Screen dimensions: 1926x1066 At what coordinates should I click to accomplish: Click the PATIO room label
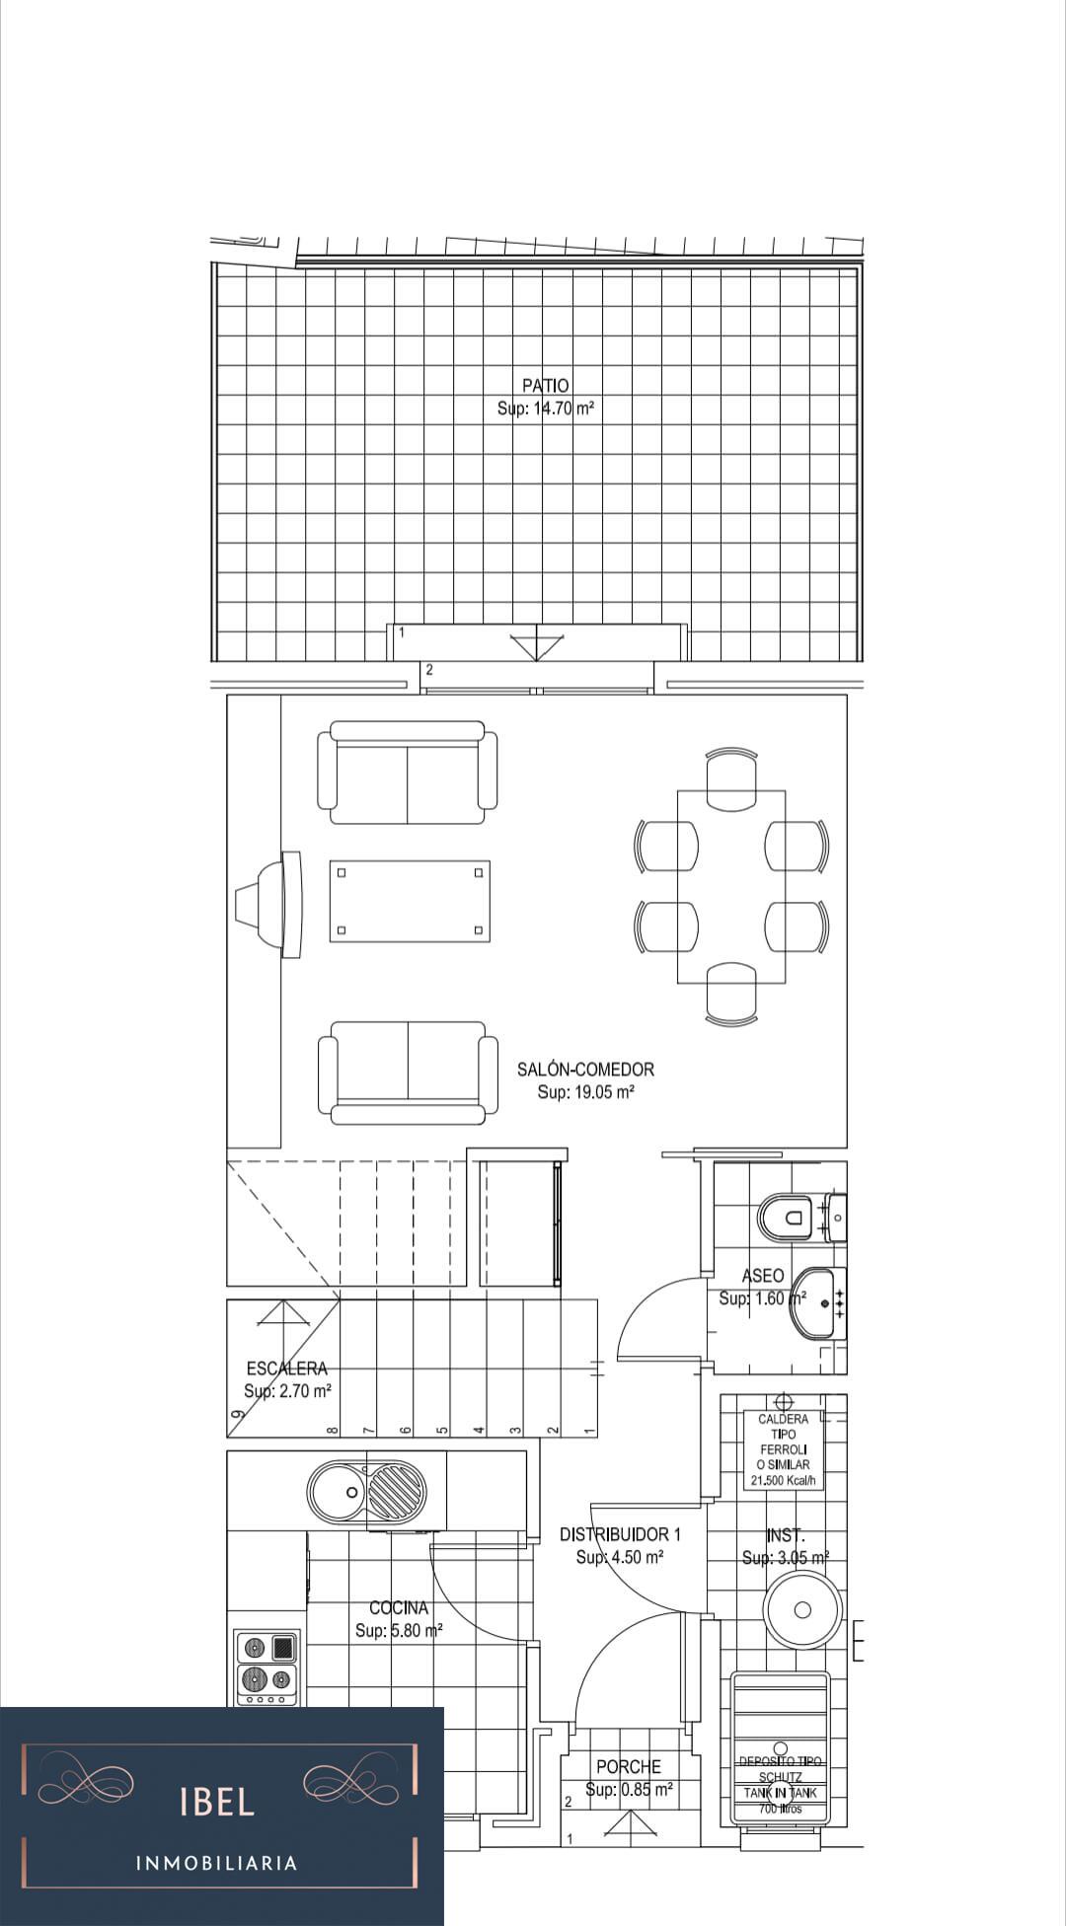pyautogui.click(x=545, y=385)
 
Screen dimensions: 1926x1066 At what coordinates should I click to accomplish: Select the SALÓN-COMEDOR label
pyautogui.click(x=585, y=1069)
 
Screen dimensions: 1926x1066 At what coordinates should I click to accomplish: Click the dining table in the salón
pyautogui.click(x=731, y=886)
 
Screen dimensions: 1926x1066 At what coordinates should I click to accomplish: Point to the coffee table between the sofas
pyautogui.click(x=410, y=901)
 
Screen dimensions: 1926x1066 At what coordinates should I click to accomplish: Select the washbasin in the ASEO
pyautogui.click(x=817, y=1303)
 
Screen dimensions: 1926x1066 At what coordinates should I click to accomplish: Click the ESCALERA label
pyautogui.click(x=286, y=1368)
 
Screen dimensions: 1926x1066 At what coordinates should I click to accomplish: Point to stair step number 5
pyautogui.click(x=441, y=1429)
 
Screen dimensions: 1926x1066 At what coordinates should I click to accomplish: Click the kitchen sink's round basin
pyautogui.click(x=337, y=1490)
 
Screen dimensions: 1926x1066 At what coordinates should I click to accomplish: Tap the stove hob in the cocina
pyautogui.click(x=267, y=1667)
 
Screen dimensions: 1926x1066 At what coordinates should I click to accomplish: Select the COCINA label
pyautogui.click(x=399, y=1607)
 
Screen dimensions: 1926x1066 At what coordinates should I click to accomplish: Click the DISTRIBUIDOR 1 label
pyautogui.click(x=620, y=1534)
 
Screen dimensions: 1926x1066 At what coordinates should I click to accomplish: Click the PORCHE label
pyautogui.click(x=628, y=1766)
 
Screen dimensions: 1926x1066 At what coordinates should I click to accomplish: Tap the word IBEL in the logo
pyautogui.click(x=217, y=1802)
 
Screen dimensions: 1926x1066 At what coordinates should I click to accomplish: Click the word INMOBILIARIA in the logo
pyautogui.click(x=216, y=1863)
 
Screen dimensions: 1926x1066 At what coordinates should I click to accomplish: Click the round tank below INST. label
pyautogui.click(x=802, y=1609)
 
